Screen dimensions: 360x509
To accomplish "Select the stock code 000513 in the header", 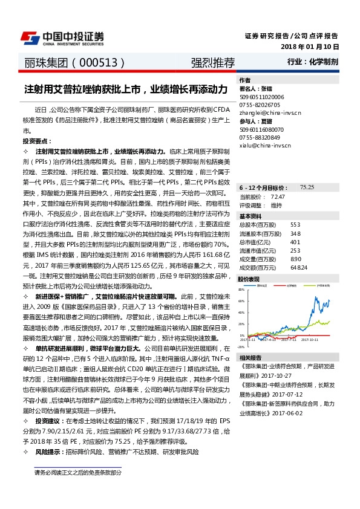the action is pos(99,62).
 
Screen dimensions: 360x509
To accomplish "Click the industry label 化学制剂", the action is pos(324,62).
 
